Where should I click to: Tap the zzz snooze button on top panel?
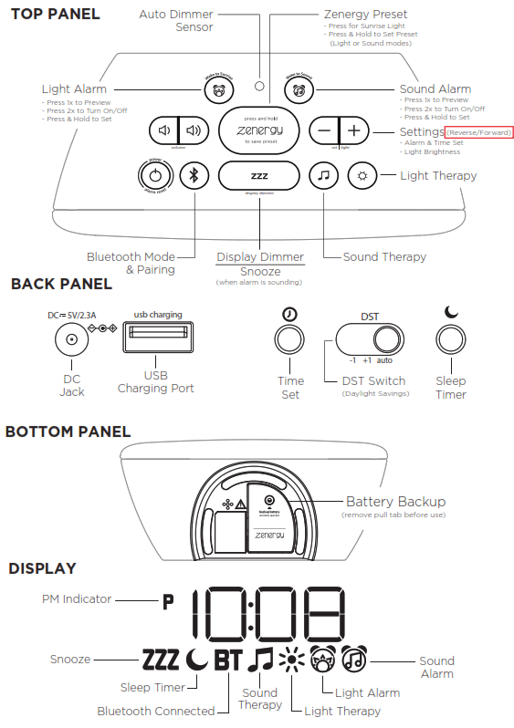click(x=259, y=175)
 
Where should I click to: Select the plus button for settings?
click(x=354, y=130)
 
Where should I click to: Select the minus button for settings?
click(x=325, y=130)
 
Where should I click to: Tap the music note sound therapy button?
click(x=321, y=175)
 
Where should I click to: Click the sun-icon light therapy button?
click(x=363, y=175)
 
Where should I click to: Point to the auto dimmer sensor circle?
click(x=260, y=87)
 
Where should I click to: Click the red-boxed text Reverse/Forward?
click(x=478, y=132)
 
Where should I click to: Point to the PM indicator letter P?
click(x=167, y=602)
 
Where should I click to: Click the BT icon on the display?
click(x=227, y=659)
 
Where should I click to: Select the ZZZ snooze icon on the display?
click(x=161, y=659)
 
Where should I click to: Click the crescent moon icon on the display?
click(x=196, y=659)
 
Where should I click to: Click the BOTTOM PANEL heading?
click(x=68, y=432)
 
